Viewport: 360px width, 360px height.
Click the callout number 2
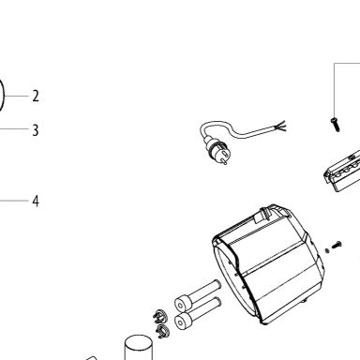36,96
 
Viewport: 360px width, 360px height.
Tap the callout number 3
36,130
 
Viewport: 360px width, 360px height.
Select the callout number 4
36,201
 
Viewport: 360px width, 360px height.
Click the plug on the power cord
217,153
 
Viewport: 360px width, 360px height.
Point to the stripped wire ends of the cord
279,127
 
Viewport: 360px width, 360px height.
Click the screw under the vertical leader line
336,125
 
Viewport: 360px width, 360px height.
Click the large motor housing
268,264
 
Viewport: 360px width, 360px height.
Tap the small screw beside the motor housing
337,245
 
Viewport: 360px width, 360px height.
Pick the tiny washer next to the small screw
327,250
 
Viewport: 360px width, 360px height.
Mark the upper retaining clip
160,316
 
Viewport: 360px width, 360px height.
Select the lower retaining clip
162,330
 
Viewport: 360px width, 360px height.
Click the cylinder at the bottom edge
139,348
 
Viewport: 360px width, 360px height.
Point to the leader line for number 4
14,201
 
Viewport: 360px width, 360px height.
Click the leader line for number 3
14,129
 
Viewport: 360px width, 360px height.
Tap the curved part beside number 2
2,96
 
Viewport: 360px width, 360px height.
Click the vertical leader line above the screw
334,90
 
